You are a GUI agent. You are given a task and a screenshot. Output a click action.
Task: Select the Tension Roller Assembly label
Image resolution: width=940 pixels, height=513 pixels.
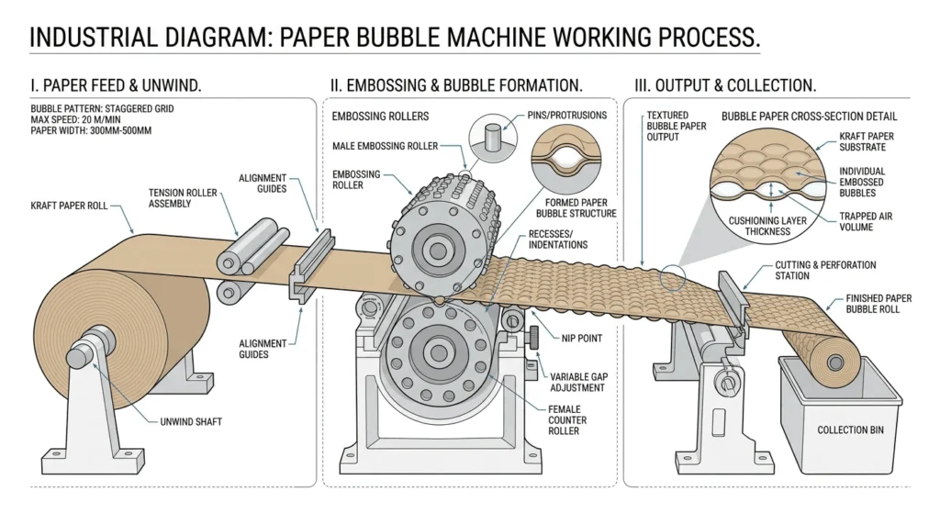(184, 197)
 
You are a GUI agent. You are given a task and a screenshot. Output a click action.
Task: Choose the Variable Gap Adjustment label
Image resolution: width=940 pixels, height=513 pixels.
(578, 382)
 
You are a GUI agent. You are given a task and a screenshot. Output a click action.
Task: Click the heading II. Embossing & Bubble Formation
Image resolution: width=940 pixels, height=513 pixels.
(457, 86)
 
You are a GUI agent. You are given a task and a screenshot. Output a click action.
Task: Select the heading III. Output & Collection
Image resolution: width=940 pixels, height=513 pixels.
(724, 86)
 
